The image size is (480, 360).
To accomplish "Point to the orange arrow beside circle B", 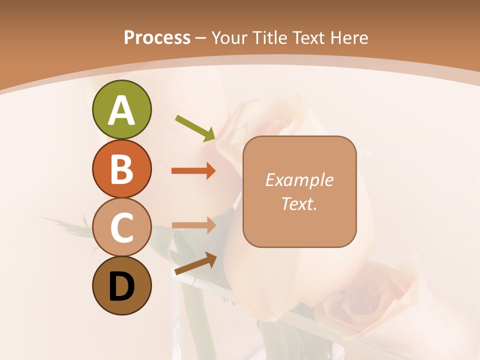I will point(193,170).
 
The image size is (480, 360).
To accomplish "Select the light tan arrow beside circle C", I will point(193,225).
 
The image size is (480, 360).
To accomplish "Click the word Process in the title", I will point(157,37).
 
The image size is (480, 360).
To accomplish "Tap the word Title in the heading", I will point(270,37).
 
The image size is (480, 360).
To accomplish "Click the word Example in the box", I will point(299,180).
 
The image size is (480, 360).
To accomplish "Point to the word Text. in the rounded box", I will point(299,203).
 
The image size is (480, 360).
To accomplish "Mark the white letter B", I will point(121,169).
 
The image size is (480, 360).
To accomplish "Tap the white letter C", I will point(121,228).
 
